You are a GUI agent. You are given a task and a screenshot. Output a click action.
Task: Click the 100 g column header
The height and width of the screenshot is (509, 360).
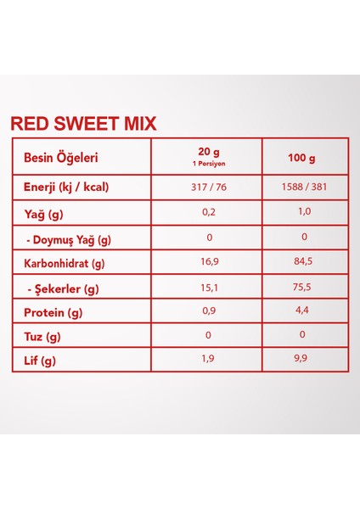[x=303, y=159]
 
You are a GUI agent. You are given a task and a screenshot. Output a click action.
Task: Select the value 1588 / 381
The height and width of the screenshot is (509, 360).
[x=303, y=187]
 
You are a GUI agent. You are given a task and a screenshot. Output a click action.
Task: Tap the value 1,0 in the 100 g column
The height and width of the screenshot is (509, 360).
[x=303, y=213]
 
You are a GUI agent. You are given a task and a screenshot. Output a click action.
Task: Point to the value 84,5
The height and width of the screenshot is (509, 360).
[x=303, y=263]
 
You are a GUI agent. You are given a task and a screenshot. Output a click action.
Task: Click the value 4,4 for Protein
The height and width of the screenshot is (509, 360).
[x=303, y=313]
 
